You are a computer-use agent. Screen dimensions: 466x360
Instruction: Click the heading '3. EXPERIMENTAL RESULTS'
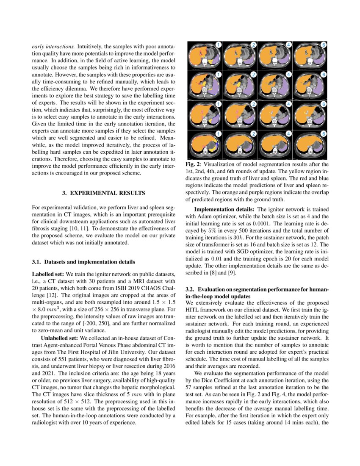click(x=104, y=193)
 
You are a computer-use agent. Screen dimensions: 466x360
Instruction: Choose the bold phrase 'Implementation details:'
click(x=224, y=209)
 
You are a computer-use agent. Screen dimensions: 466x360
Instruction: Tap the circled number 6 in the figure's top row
click(x=323, y=44)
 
